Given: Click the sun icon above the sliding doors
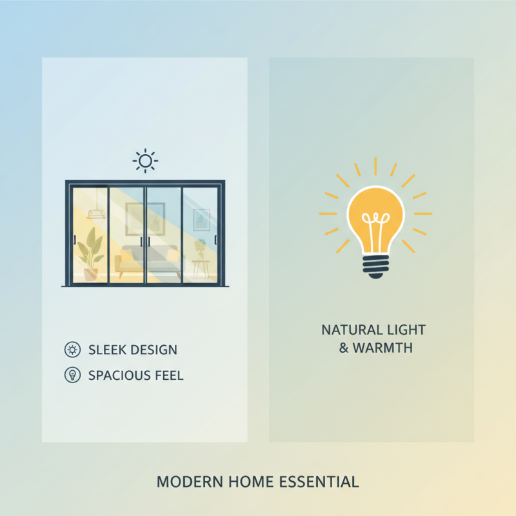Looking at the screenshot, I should click(145, 160).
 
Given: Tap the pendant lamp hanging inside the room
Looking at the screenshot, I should click(96, 213).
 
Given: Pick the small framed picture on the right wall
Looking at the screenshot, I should click(201, 219).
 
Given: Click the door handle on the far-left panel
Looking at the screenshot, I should click(75, 240).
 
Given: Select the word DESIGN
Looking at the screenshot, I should click(154, 350).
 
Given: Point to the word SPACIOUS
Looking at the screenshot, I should click(117, 375).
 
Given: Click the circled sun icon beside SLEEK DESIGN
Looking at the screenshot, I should click(72, 350).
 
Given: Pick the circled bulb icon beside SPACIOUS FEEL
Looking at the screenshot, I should click(72, 375).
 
